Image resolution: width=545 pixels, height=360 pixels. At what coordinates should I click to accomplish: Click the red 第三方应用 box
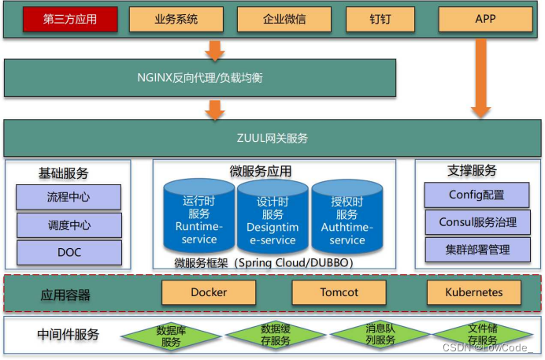click(x=70, y=19)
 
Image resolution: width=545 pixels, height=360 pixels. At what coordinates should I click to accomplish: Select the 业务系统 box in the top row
click(x=176, y=19)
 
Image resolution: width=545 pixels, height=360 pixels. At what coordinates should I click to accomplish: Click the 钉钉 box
click(x=380, y=19)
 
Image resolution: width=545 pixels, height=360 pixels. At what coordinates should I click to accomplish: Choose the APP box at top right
click(x=485, y=19)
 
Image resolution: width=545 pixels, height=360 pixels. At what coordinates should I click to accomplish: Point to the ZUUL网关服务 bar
click(x=272, y=138)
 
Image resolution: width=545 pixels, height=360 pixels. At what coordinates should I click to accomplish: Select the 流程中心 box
click(x=69, y=196)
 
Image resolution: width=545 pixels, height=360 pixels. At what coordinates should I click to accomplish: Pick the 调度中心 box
click(x=69, y=225)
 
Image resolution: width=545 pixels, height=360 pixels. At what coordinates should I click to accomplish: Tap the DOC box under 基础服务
click(x=69, y=252)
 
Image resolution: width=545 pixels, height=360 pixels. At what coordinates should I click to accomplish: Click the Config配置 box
click(x=476, y=195)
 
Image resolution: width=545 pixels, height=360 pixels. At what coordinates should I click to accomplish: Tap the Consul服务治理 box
click(x=477, y=222)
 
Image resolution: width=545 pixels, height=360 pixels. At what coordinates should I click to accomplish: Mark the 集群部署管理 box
click(x=477, y=250)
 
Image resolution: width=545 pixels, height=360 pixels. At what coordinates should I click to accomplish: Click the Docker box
click(x=209, y=292)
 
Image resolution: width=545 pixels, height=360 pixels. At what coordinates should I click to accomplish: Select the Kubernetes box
click(x=474, y=292)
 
